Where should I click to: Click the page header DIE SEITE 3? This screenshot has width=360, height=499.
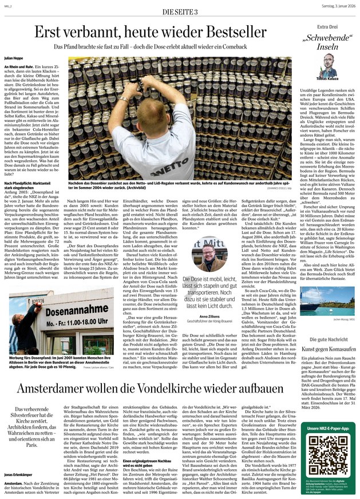pos(180,12)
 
